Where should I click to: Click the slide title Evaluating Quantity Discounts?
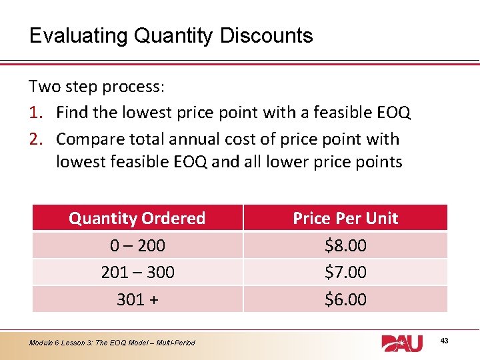171,35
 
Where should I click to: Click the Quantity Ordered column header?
137,218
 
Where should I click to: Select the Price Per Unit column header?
345,218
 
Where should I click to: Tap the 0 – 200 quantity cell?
137,245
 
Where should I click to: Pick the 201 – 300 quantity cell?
137,272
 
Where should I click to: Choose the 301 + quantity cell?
137,299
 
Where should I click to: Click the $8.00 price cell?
345,245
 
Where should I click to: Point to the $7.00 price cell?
345,272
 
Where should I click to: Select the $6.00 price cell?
345,299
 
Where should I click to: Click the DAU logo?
402,342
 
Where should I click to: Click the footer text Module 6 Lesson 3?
112,343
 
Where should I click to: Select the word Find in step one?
72,113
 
